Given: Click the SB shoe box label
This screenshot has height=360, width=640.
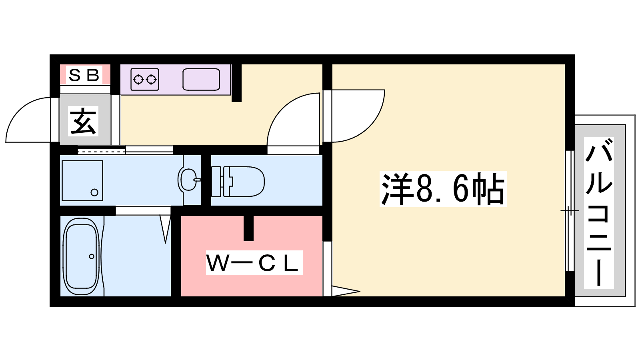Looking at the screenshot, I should (x=84, y=75).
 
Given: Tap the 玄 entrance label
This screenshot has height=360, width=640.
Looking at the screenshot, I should (x=84, y=121).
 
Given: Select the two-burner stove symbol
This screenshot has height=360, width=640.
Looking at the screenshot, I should (x=144, y=79).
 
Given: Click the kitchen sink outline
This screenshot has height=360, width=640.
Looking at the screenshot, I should (x=201, y=79).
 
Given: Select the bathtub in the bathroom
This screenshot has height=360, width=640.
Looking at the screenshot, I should (x=81, y=256).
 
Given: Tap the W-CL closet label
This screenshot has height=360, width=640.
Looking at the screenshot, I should (x=254, y=263).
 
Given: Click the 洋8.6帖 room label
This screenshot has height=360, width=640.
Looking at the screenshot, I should (x=443, y=189).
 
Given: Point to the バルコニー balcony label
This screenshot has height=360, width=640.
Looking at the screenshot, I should (x=599, y=213).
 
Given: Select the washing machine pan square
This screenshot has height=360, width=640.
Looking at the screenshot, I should (x=82, y=181).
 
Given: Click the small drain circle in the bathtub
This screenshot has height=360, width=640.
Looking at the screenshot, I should (x=92, y=256).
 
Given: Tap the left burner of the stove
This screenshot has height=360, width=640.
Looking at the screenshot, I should (x=138, y=79).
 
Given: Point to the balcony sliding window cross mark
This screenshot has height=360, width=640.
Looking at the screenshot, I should (x=569, y=210).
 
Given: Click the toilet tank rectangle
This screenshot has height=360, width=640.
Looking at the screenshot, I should (x=216, y=182).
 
